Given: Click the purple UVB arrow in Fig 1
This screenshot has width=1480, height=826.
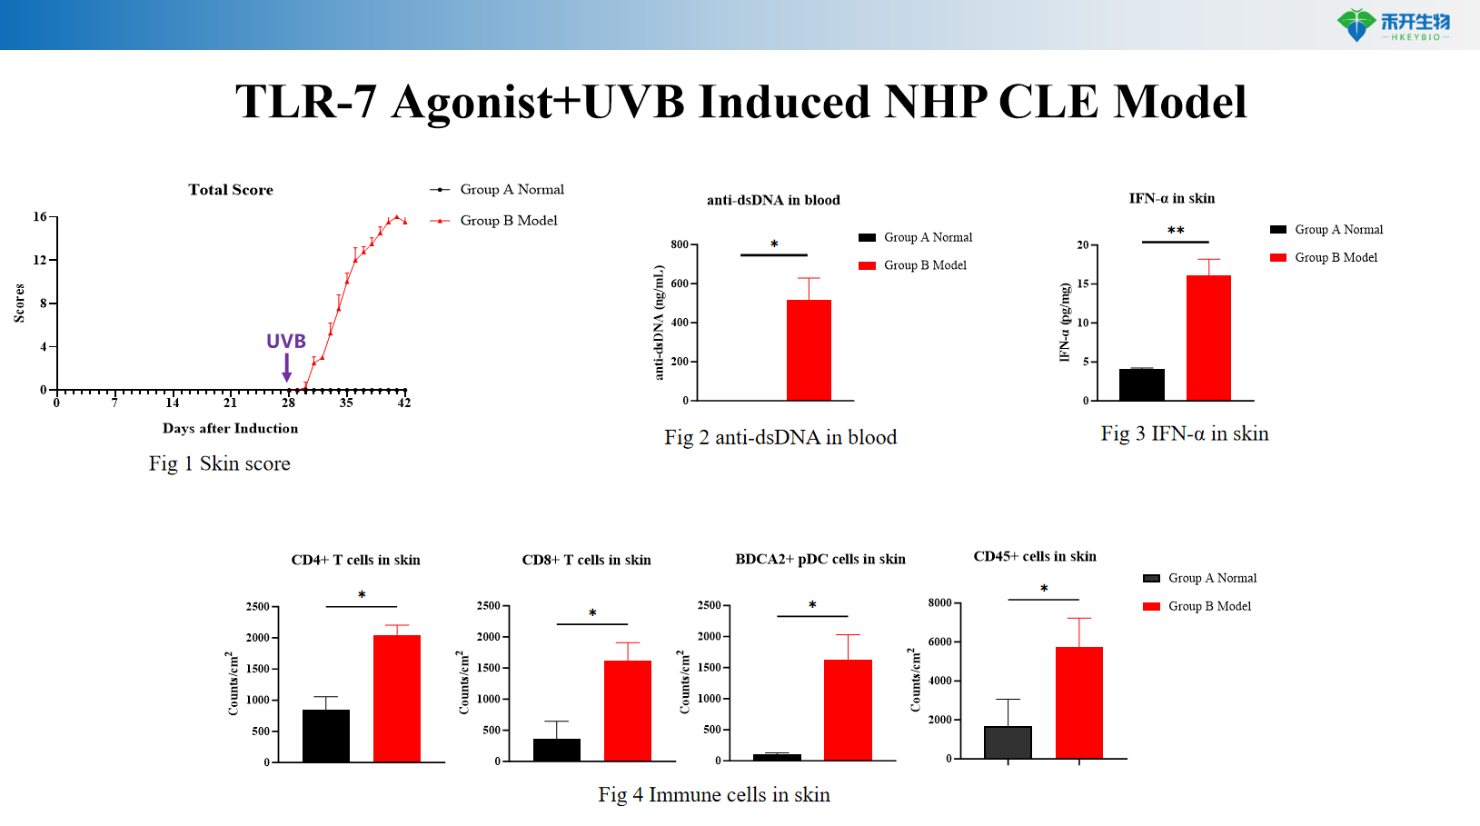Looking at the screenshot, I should pos(287,367).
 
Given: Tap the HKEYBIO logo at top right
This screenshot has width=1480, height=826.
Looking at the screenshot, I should pos(1394,25).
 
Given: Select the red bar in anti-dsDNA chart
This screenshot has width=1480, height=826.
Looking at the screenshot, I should pos(809,350).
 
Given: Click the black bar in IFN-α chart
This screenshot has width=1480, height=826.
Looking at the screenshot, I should pos(1141,384).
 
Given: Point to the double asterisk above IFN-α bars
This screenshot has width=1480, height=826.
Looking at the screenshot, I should pos(1176,231).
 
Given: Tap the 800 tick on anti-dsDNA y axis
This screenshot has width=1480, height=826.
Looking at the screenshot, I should pos(680,244).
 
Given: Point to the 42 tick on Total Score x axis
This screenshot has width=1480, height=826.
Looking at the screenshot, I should pos(404,403).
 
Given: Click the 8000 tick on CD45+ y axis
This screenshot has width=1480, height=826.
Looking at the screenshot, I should pos(939,602).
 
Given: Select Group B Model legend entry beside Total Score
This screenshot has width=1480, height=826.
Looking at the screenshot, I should pos(508,221).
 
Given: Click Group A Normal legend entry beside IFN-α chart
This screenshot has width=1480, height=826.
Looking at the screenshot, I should pos(1338,230).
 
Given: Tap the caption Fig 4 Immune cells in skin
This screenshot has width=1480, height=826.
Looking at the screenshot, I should pos(714,795).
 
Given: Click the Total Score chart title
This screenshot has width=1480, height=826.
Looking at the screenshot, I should pos(231,190).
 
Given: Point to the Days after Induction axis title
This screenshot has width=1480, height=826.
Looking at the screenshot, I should pos(230,429).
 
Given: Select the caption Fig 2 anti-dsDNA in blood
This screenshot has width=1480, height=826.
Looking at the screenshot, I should pos(780,438).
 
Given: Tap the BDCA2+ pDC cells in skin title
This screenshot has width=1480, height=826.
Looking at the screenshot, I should pos(820,559).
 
